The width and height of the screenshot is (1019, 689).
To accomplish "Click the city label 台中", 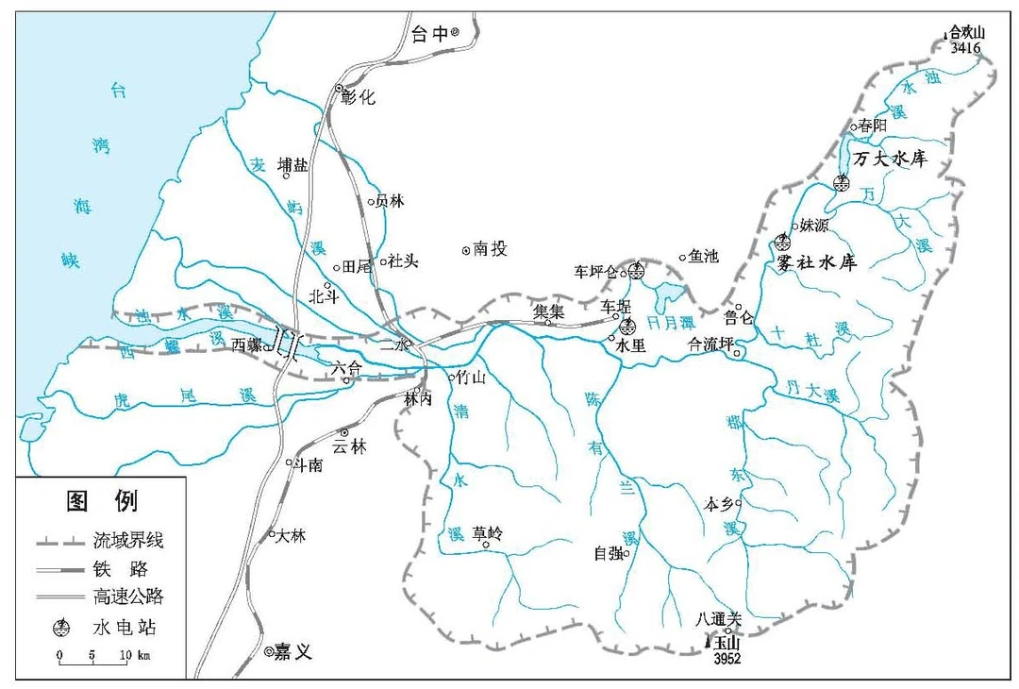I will pos(430,35).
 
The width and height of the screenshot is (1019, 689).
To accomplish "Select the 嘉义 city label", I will pos(293,652).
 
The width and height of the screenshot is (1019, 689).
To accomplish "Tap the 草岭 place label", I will pos(488,532).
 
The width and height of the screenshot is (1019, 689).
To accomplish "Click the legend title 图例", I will pos(100,501).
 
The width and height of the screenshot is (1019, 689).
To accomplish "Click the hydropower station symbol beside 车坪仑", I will pos(636,272).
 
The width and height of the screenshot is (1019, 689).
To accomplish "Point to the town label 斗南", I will pos(309,463).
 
